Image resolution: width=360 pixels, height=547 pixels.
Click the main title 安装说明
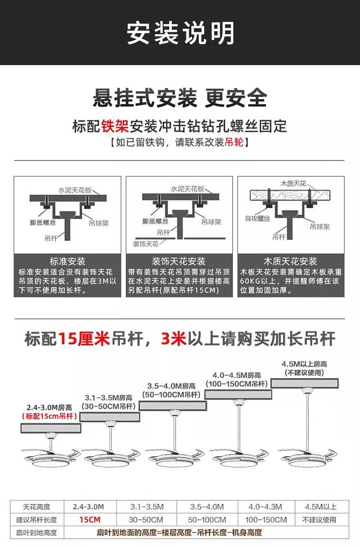click(180, 33)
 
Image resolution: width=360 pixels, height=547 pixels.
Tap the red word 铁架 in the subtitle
click(115, 126)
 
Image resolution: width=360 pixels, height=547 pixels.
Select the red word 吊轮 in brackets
click(234, 142)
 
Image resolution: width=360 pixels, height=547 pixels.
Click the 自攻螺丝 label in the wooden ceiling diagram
click(257, 219)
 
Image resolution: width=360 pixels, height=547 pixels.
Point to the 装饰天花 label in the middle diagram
click(146, 244)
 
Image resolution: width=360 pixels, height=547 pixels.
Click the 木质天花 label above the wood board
click(293, 184)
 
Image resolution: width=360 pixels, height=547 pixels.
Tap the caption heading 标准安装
click(67, 261)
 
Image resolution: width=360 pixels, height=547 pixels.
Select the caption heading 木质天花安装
click(290, 261)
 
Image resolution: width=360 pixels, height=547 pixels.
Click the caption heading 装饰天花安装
click(179, 261)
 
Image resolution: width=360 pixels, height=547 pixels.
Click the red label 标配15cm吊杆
click(50, 416)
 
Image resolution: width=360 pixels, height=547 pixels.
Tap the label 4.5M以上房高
click(304, 364)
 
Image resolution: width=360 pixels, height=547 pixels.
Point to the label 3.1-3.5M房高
click(108, 398)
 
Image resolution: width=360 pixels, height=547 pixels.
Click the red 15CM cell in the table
click(90, 519)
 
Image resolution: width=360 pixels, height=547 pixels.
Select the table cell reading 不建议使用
click(319, 520)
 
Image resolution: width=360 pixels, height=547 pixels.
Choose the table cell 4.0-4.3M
click(265, 507)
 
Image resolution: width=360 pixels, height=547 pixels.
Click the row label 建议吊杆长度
click(36, 520)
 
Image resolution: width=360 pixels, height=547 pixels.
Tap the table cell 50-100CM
click(207, 520)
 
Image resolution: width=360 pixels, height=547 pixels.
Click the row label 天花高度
click(36, 507)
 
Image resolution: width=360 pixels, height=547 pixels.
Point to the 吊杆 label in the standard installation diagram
click(51, 238)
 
